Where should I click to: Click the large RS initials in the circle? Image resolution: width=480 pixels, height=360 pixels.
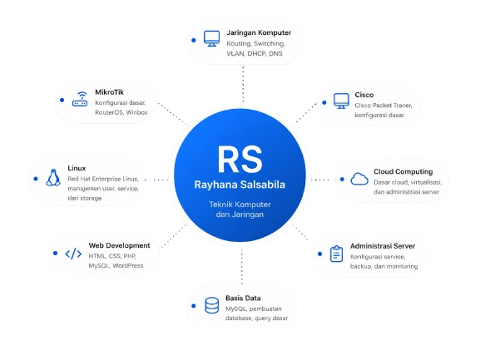coord(240,159)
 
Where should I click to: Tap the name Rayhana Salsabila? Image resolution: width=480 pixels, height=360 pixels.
coord(240,185)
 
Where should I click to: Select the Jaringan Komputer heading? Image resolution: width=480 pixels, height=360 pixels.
coord(259,32)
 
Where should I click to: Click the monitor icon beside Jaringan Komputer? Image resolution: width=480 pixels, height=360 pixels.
coord(211,38)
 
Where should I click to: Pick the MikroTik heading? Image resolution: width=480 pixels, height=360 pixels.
coord(109,92)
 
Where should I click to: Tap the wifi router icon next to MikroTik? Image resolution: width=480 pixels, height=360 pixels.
coord(80,99)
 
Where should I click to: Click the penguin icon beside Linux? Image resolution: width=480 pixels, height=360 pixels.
coord(53,178)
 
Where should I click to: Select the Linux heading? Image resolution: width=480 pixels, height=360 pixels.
coord(77,168)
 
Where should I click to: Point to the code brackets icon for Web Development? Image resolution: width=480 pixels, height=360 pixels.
coord(73,254)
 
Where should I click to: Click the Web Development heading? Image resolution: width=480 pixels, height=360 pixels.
coord(119,245)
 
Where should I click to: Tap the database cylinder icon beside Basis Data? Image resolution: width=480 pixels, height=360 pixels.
coord(212,305)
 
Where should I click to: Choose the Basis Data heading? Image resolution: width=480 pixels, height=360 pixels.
coord(243,298)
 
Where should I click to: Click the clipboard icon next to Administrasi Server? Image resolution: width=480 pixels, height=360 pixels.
coord(336,254)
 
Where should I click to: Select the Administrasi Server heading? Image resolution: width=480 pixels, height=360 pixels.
coord(383,246)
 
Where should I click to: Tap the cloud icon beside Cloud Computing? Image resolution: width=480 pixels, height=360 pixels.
coord(359,179)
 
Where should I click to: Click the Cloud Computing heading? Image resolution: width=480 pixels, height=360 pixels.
coord(403,171)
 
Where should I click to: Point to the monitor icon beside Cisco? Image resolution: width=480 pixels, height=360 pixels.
coord(341,101)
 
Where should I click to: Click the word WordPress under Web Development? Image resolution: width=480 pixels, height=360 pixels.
coord(127,265)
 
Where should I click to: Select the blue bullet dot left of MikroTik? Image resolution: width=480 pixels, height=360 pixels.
coord(62,100)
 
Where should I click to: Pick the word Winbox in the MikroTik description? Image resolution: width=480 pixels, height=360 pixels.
coord(136,112)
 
